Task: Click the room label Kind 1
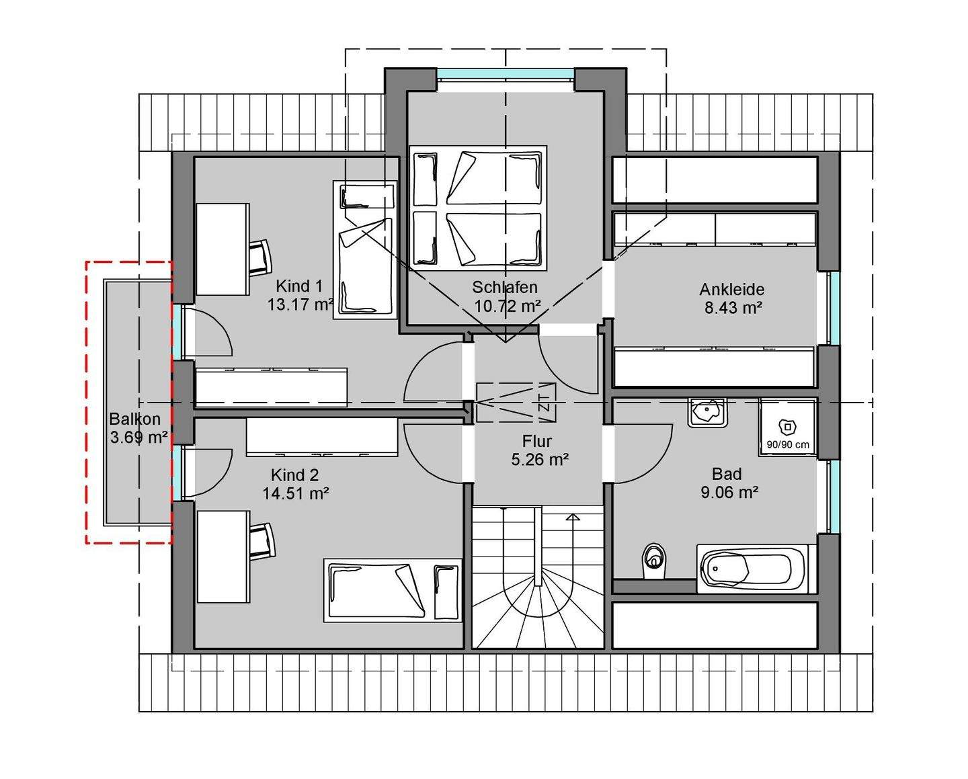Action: point(299,286)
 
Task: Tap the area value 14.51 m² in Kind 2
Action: point(296,493)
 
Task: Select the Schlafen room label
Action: point(505,286)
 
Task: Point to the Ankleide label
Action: point(732,289)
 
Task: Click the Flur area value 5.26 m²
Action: point(540,459)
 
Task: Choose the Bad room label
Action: point(727,474)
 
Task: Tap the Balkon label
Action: point(134,419)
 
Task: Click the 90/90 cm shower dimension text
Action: point(788,445)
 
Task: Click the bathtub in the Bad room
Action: point(756,569)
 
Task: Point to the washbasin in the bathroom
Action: point(707,413)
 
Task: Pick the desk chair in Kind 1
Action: point(260,256)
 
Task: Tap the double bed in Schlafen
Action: point(477,208)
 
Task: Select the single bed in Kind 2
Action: point(393,591)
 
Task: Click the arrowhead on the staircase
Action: point(573,518)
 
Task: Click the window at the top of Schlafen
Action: point(506,73)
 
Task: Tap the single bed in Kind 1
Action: point(365,250)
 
